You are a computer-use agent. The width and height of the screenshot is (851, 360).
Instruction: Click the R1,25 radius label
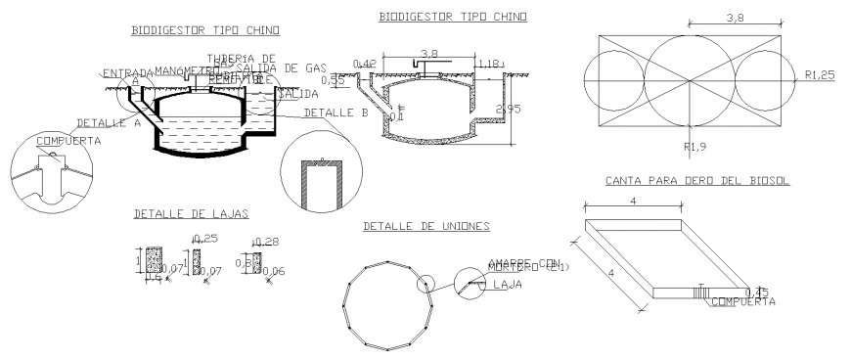click(819, 74)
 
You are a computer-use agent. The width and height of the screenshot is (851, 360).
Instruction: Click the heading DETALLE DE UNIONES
click(426, 226)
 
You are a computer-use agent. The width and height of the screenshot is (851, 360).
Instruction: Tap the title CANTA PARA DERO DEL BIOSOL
click(697, 181)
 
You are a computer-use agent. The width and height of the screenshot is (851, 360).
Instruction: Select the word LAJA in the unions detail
click(506, 285)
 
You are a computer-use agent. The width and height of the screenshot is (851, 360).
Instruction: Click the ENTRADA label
click(127, 73)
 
